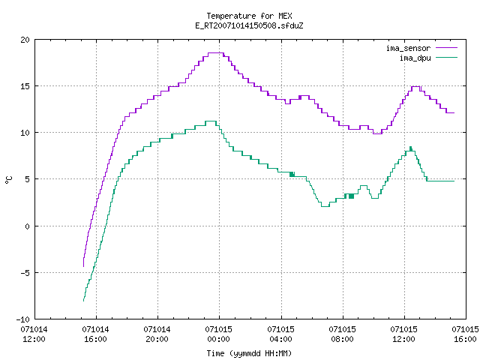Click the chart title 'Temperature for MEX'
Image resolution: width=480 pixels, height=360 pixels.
[x=249, y=16]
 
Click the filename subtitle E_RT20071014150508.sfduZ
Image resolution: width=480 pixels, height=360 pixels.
[x=249, y=25]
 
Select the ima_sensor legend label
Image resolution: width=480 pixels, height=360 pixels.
[x=408, y=48]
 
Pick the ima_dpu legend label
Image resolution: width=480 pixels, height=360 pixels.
[x=415, y=58]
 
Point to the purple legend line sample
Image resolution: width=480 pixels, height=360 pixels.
[x=447, y=48]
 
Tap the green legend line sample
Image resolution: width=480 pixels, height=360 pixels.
[x=447, y=57]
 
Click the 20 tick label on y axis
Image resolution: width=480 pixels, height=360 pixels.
[x=25, y=40]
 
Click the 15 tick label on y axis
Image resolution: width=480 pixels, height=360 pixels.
[x=25, y=86]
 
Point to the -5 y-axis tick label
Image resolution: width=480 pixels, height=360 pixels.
[x=23, y=273]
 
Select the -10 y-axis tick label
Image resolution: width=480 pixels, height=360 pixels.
[x=23, y=319]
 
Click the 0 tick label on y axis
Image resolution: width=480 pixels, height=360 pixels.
[x=28, y=226]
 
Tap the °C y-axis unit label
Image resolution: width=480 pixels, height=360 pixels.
[x=8, y=180]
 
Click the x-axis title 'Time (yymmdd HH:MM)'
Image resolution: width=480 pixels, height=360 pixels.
[x=249, y=353]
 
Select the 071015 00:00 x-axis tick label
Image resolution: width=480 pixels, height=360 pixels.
[x=219, y=334]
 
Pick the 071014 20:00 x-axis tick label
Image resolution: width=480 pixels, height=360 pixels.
[x=157, y=334]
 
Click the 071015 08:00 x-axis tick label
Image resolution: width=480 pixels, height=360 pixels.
[x=342, y=334]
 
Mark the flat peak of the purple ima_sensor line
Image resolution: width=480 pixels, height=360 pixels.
[x=216, y=53]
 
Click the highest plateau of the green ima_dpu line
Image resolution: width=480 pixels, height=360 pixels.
[x=211, y=121]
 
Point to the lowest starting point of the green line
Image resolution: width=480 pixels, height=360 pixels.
[x=83, y=301]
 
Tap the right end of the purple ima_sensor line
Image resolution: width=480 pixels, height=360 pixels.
[x=454, y=112]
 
